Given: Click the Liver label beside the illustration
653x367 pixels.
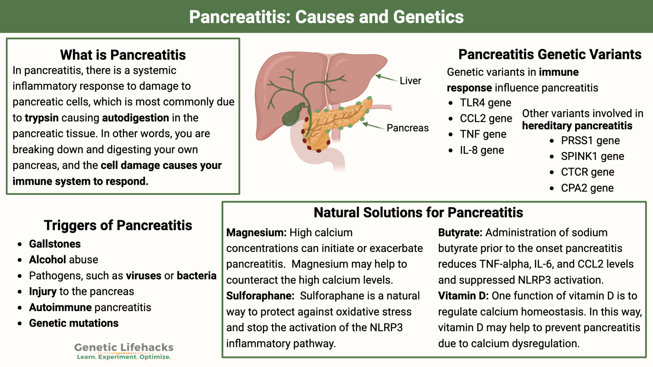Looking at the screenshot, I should (410, 81).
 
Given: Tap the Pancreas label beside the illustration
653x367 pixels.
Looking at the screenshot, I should (407, 128).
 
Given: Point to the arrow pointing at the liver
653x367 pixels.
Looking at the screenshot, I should (386, 78).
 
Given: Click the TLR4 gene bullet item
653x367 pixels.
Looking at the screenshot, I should (485, 103).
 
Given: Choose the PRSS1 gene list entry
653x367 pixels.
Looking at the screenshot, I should (590, 140).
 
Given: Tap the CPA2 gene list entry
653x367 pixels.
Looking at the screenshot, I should (587, 188).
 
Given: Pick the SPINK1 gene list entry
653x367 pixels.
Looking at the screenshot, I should (592, 156).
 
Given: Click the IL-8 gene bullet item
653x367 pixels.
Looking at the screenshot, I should (482, 150).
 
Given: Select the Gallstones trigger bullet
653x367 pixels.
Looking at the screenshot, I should (55, 244).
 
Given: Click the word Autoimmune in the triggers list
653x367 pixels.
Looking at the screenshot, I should (60, 307).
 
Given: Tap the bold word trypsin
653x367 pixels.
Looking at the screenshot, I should (42, 118).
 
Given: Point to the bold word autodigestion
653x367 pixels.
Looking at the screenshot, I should (136, 118).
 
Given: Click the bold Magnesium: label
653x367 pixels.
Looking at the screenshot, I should (256, 233).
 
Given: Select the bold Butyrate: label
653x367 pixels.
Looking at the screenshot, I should (460, 233).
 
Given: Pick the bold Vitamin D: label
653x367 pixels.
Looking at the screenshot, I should (463, 296).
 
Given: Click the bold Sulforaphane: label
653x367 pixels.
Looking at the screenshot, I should (260, 296).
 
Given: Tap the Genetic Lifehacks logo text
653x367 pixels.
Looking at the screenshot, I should (124, 348).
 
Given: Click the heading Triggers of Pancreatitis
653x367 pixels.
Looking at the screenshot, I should (118, 226).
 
